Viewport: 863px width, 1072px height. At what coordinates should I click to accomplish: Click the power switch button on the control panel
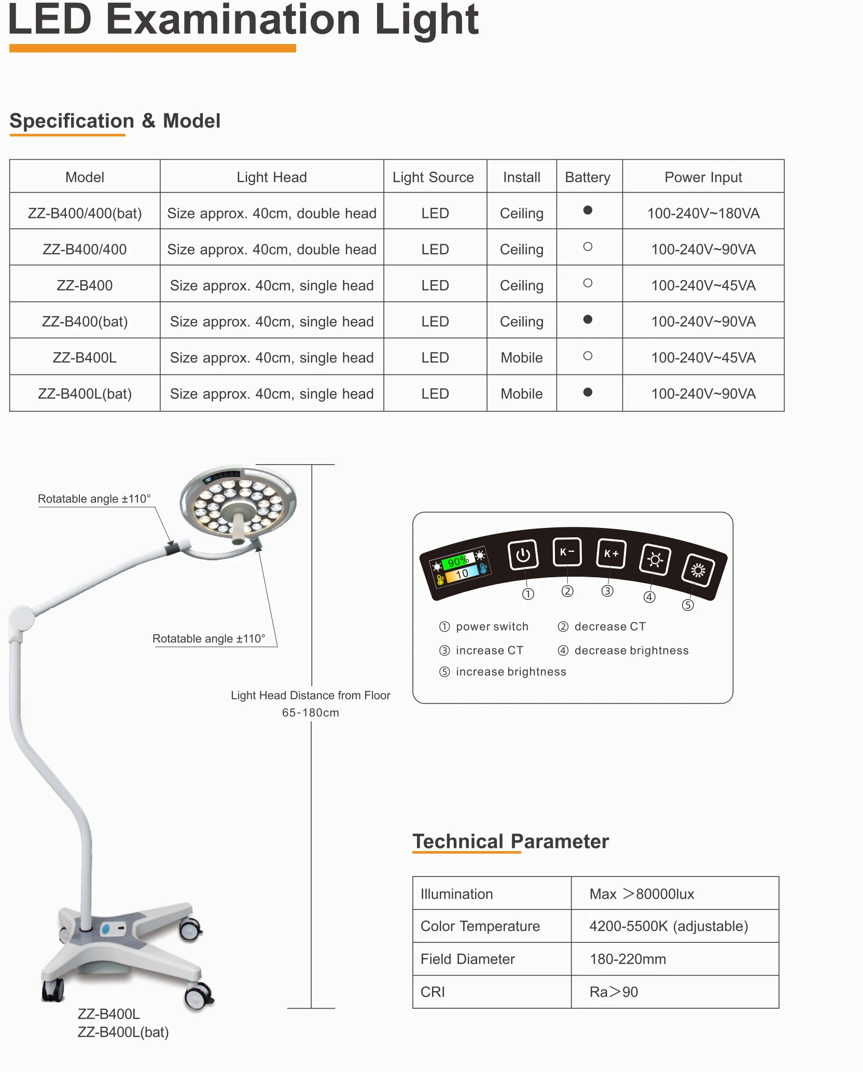523,554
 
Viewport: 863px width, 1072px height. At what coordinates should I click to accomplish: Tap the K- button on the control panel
567,552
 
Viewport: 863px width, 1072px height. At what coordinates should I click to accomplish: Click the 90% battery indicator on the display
457,561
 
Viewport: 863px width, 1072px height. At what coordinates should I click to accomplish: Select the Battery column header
588,177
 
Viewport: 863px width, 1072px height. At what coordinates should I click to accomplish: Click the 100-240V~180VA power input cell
703,213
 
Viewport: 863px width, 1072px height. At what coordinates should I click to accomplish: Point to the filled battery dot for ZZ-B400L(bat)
588,392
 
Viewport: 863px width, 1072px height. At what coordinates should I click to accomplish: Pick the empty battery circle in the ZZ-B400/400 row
588,247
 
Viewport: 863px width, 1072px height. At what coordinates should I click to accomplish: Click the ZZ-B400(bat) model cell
85,322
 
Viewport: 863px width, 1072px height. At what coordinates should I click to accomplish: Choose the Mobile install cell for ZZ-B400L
521,358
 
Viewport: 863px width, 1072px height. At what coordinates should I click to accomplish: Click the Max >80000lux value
642,894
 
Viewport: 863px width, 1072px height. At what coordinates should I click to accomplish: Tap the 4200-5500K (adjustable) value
668,926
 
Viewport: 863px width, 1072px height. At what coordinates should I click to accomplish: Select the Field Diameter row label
467,959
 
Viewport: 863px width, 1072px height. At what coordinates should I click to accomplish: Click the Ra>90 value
614,992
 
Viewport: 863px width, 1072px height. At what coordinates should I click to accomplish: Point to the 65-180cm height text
310,713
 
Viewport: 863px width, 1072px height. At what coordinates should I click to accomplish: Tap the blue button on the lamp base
106,929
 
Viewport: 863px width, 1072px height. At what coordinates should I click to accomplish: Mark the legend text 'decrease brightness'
631,650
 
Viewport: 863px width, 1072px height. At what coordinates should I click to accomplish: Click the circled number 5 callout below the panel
688,605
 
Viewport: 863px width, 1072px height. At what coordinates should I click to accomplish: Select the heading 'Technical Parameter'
510,841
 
